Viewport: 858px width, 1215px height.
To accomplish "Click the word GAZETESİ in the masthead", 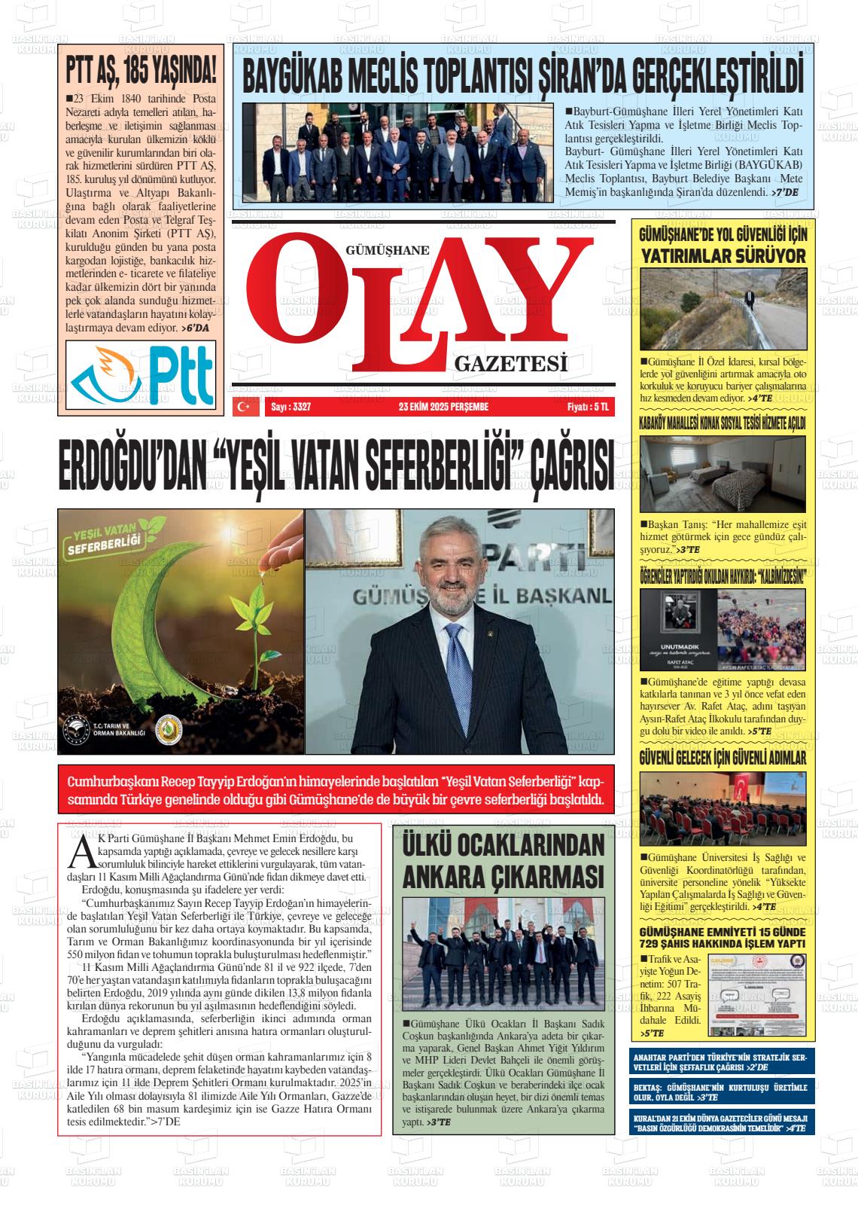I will click(x=510, y=365).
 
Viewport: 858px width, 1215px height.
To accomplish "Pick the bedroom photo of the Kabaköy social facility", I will click(x=722, y=475).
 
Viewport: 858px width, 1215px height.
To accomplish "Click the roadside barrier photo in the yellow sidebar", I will click(x=722, y=308).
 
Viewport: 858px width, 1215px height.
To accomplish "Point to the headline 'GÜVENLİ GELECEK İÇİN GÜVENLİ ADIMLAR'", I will click(x=722, y=758).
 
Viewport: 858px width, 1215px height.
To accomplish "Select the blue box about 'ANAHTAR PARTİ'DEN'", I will click(x=721, y=1062).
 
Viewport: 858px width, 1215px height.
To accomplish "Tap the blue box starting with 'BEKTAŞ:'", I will click(x=721, y=1092).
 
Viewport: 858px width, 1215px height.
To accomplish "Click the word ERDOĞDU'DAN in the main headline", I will click(x=131, y=469).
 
